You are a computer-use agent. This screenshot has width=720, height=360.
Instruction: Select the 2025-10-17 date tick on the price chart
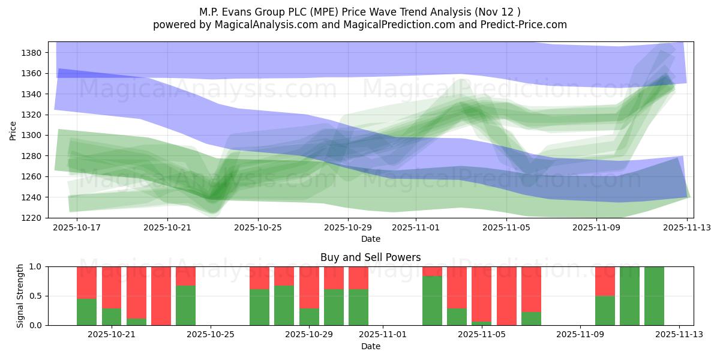tap(78, 227)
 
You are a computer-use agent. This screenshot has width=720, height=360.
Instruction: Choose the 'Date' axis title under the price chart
tap(370, 239)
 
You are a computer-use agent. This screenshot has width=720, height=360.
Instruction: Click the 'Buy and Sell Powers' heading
tap(370, 257)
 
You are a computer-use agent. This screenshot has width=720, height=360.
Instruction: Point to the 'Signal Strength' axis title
tap(20, 296)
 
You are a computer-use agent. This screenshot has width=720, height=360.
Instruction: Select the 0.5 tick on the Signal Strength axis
tap(35, 296)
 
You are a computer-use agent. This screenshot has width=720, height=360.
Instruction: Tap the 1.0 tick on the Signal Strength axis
tap(35, 266)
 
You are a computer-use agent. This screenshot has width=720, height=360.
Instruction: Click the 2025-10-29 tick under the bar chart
tap(309, 335)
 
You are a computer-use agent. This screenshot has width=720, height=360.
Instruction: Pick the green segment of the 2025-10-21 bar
tap(112, 317)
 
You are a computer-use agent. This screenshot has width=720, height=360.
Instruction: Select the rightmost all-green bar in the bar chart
tap(654, 296)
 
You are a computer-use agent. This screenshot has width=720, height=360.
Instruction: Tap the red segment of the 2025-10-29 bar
tap(309, 287)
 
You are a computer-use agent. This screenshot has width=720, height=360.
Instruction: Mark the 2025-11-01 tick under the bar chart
tap(383, 335)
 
